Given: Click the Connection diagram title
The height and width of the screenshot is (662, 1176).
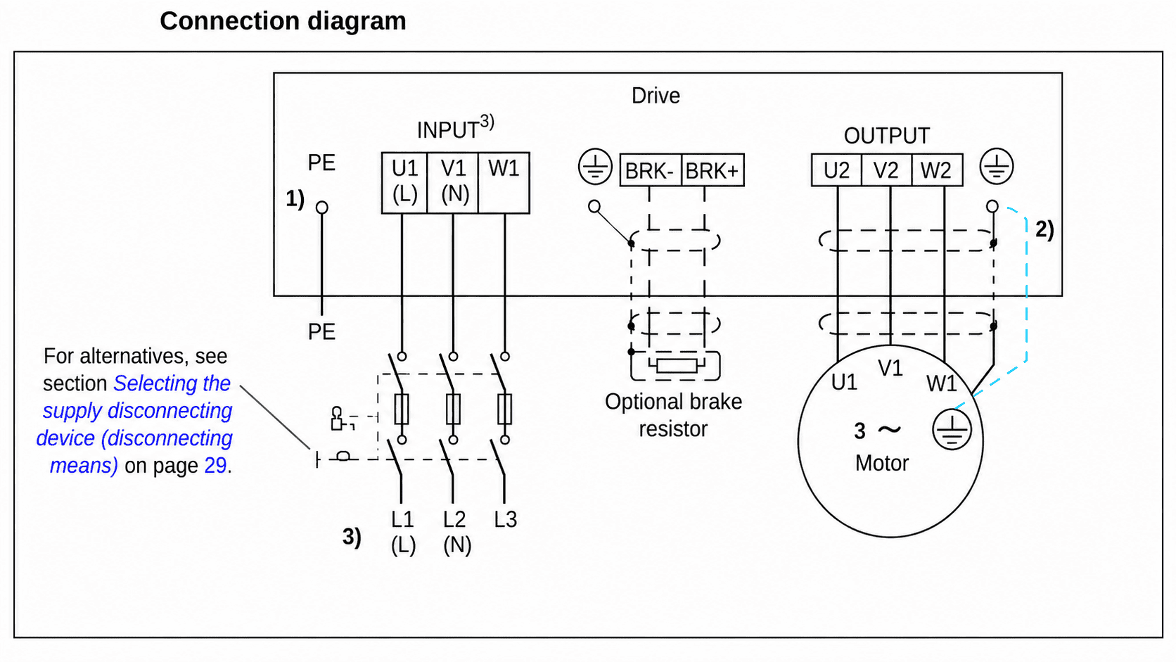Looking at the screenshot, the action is click(283, 22).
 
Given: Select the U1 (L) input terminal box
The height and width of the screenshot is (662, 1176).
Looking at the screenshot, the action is click(404, 183).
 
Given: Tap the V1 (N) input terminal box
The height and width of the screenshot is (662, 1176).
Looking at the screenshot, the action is click(453, 183).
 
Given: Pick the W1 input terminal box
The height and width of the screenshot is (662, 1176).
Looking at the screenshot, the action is click(504, 183).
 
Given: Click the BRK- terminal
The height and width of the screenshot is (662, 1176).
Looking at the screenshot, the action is click(651, 170).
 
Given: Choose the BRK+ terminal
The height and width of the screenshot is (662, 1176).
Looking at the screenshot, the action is click(712, 170).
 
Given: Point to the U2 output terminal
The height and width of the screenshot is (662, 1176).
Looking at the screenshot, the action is click(836, 170).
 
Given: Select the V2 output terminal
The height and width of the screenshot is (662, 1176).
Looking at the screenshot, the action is click(887, 170).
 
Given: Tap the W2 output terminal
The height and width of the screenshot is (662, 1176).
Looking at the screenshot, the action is click(937, 170).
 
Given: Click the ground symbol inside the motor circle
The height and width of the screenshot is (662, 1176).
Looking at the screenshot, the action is click(952, 429).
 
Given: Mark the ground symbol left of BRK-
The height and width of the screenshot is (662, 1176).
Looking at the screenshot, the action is click(595, 167).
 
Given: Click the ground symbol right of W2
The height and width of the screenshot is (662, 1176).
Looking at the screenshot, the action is click(997, 167).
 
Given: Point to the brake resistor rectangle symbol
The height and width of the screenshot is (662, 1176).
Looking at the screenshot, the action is click(677, 365).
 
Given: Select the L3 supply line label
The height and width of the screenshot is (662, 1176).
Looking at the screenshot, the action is click(506, 519).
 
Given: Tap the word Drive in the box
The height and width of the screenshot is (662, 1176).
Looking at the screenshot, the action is click(656, 96).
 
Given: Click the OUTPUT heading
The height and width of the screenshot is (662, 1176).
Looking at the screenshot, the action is click(887, 136).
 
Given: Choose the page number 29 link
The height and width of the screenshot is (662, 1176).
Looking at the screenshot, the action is click(215, 466).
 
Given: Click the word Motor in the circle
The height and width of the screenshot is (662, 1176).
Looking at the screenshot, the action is click(881, 464).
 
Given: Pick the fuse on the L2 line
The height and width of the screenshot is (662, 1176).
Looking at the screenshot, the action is click(453, 409).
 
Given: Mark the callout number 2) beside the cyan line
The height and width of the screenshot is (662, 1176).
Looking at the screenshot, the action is click(1044, 230).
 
